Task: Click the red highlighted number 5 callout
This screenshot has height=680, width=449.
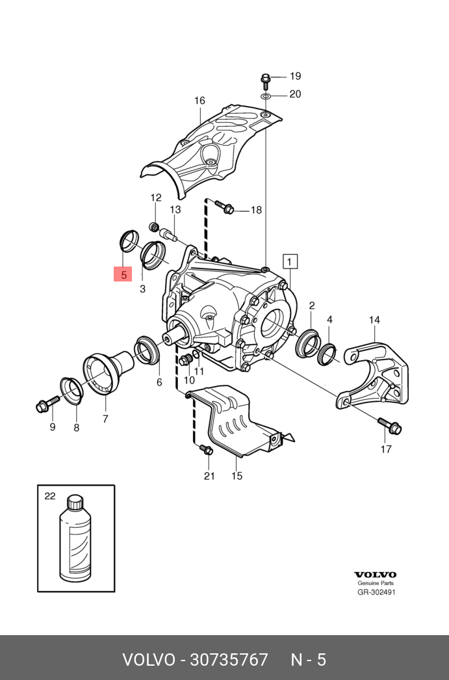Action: click(x=123, y=274)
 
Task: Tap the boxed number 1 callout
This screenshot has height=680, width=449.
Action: click(x=290, y=261)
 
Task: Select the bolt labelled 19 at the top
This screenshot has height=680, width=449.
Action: click(x=266, y=81)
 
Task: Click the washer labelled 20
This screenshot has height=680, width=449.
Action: click(x=266, y=96)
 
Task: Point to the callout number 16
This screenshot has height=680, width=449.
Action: click(x=199, y=101)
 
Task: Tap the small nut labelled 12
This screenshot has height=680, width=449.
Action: click(x=155, y=227)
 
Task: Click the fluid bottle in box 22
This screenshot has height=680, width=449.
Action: click(x=75, y=538)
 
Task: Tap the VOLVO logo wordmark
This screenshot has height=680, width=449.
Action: click(x=375, y=575)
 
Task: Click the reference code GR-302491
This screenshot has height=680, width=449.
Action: click(x=376, y=592)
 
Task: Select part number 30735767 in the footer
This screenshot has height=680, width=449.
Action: click(x=228, y=660)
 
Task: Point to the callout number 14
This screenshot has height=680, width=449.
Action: click(x=375, y=320)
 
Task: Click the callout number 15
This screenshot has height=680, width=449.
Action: click(x=237, y=476)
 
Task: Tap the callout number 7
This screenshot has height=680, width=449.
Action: click(x=105, y=419)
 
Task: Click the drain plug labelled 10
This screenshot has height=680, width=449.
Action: click(x=185, y=360)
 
